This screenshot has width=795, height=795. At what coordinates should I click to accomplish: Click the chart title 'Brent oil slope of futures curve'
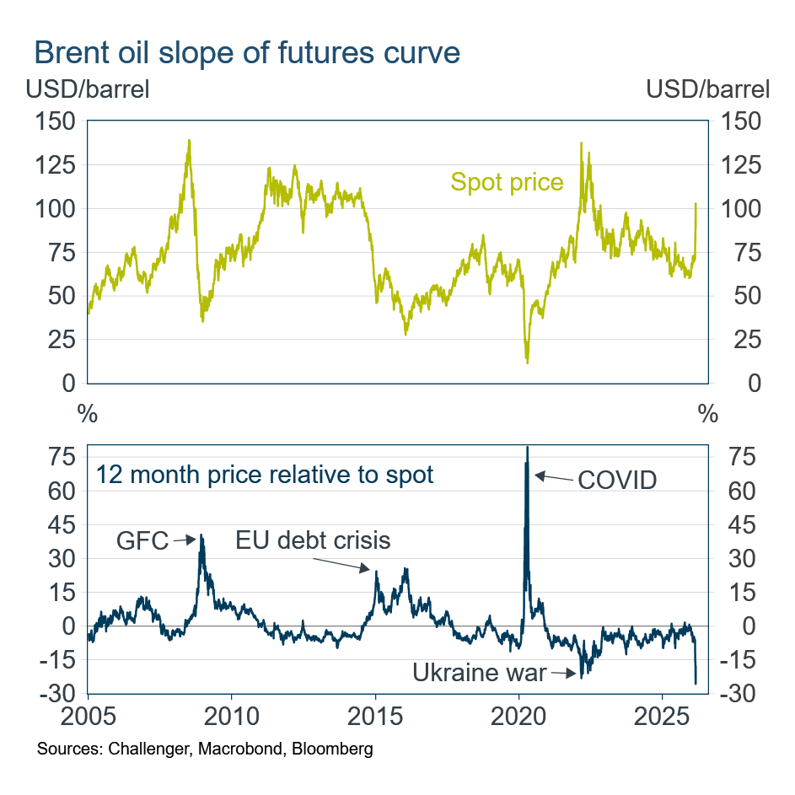pos(246,52)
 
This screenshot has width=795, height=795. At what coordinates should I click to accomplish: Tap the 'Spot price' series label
pos(507,182)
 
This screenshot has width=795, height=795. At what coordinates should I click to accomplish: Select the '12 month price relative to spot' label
pos(264,475)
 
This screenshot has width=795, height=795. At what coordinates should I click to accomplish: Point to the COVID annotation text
pos(616,481)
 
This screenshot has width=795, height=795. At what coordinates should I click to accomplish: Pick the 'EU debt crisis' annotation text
pos(313,540)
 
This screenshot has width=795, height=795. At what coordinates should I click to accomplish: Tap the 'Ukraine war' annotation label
pos(479,673)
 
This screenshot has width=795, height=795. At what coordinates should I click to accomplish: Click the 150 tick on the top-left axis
pos(56,121)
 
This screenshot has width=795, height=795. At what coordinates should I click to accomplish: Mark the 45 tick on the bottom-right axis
pos(731,524)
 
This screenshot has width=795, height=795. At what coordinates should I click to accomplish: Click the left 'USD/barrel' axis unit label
pos(88,89)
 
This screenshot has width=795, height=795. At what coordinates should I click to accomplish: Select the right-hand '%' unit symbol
pos(707,414)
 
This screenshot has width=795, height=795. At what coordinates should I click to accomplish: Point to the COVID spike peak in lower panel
pos(527,448)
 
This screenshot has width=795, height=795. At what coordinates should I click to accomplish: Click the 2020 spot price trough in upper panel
pos(527,361)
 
